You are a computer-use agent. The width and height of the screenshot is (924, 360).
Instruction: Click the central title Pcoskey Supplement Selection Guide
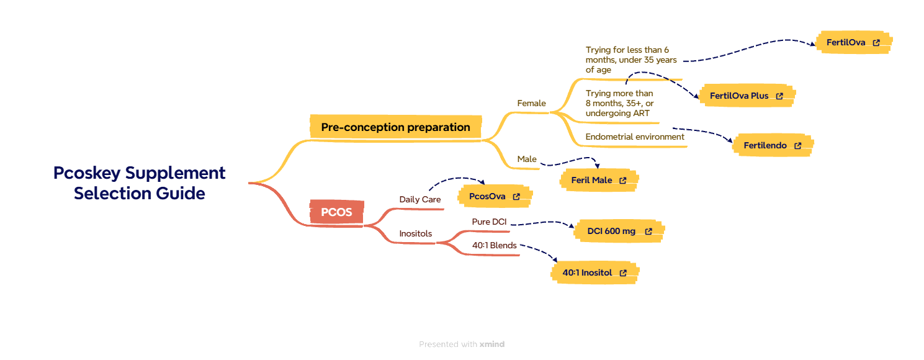[x=139, y=182]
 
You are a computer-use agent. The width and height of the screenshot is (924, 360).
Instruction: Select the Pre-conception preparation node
[x=395, y=127]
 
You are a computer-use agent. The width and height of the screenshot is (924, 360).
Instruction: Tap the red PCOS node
[x=336, y=212]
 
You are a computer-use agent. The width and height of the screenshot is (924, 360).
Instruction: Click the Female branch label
[x=531, y=104]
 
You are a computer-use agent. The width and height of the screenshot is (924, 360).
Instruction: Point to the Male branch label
[x=527, y=160]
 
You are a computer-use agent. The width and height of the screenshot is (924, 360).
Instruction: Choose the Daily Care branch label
[x=420, y=199]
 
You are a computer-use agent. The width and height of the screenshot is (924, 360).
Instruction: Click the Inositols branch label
[x=416, y=234]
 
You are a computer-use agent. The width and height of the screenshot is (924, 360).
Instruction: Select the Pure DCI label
[x=489, y=222]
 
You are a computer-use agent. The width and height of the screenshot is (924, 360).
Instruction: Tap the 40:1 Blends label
[x=494, y=245]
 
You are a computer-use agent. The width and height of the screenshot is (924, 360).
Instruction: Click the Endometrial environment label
[x=634, y=137]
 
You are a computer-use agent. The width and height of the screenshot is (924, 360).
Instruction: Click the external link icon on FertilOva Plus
[x=779, y=96]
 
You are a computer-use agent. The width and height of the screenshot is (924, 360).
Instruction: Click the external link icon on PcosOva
[x=516, y=197]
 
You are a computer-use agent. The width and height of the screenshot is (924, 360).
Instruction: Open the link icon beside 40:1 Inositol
[x=623, y=272]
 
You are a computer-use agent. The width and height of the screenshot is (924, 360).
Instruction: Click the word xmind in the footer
[x=492, y=344]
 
